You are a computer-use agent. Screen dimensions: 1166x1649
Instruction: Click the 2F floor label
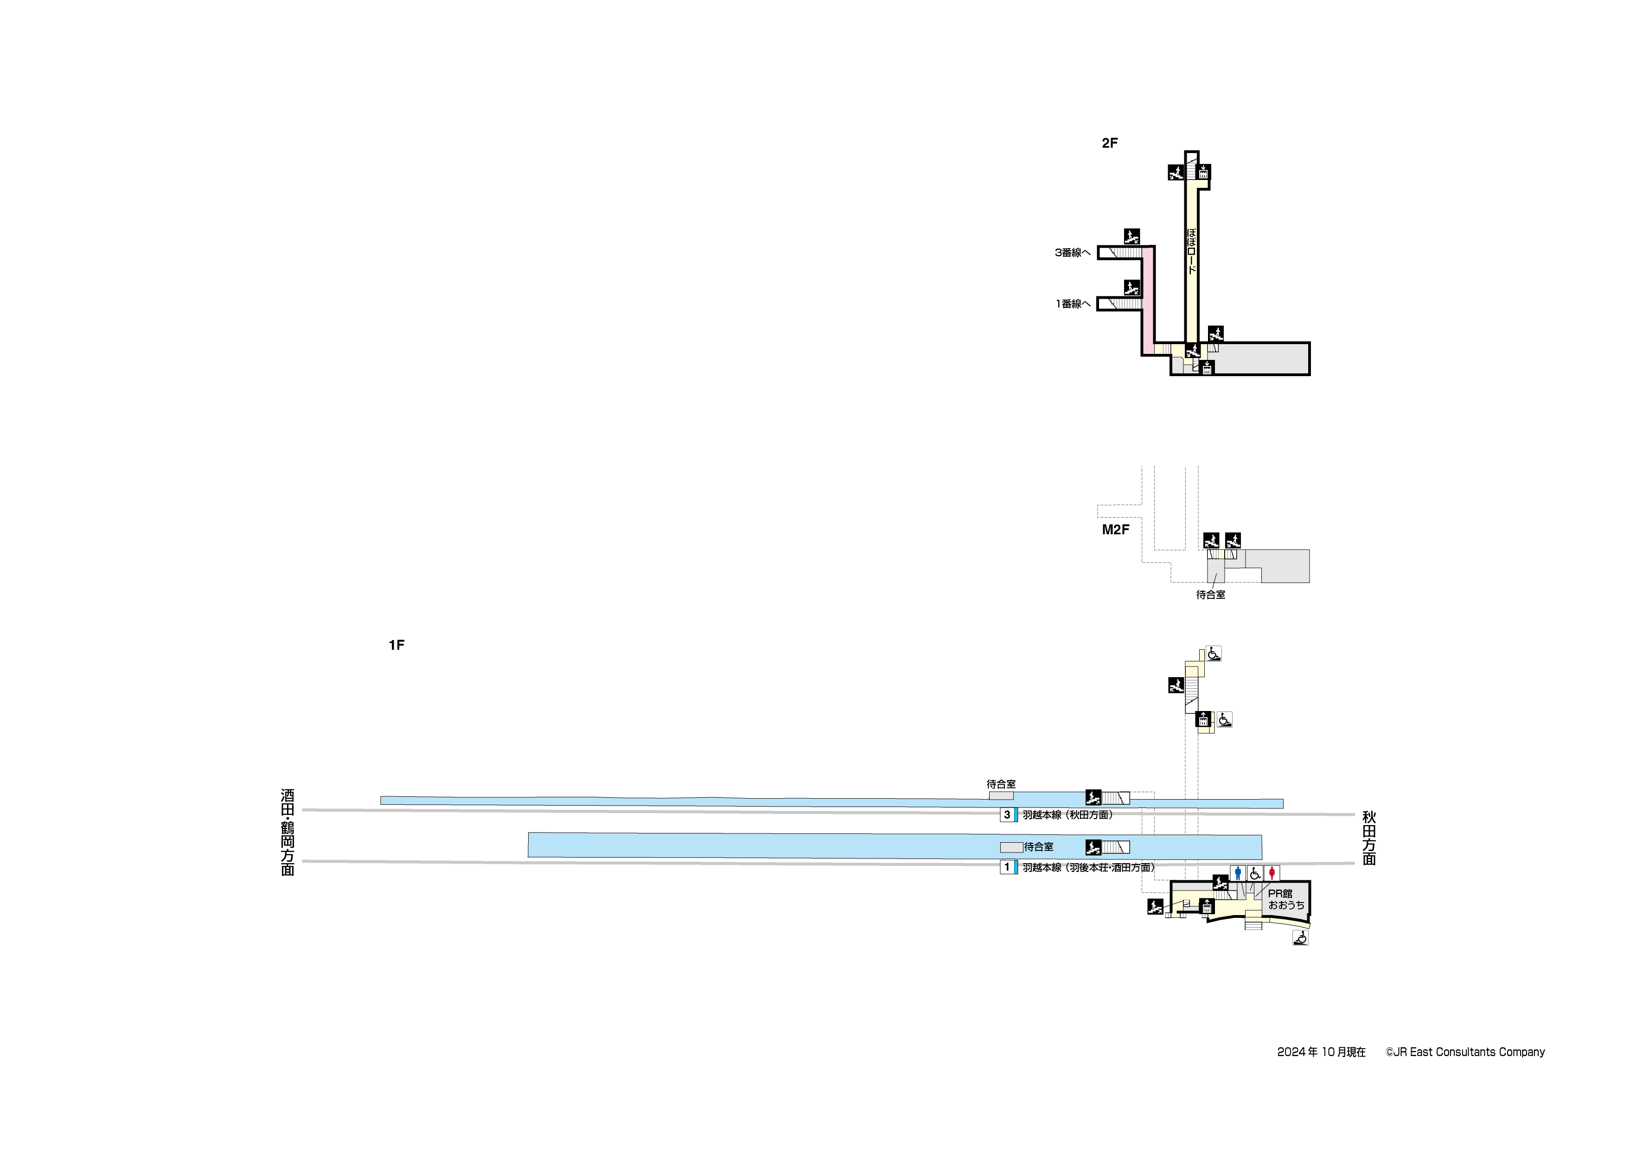pos(1110,143)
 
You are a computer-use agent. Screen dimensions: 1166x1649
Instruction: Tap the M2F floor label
pos(1115,530)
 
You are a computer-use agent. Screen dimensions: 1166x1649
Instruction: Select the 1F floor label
pos(396,645)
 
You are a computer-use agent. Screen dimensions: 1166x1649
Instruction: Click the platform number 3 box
pos(1007,815)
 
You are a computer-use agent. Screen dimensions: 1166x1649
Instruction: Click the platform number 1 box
pos(1007,867)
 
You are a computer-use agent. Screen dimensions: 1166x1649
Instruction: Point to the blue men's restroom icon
pos(1238,873)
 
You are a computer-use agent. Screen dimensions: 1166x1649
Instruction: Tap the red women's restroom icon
pos(1272,873)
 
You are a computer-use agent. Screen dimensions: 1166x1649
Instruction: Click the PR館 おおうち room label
pos(1285,899)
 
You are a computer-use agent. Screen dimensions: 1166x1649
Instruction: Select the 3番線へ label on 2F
pos(1072,253)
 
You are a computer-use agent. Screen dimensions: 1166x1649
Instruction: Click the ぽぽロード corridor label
pos(1192,251)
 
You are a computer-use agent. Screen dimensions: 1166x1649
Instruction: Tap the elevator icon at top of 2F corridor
pos(1203,173)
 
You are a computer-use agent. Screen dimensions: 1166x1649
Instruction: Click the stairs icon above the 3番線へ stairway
pos(1132,237)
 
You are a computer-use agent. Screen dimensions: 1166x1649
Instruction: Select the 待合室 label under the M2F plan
pos(1211,595)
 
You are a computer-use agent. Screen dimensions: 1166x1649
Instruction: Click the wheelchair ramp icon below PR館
pos(1300,937)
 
